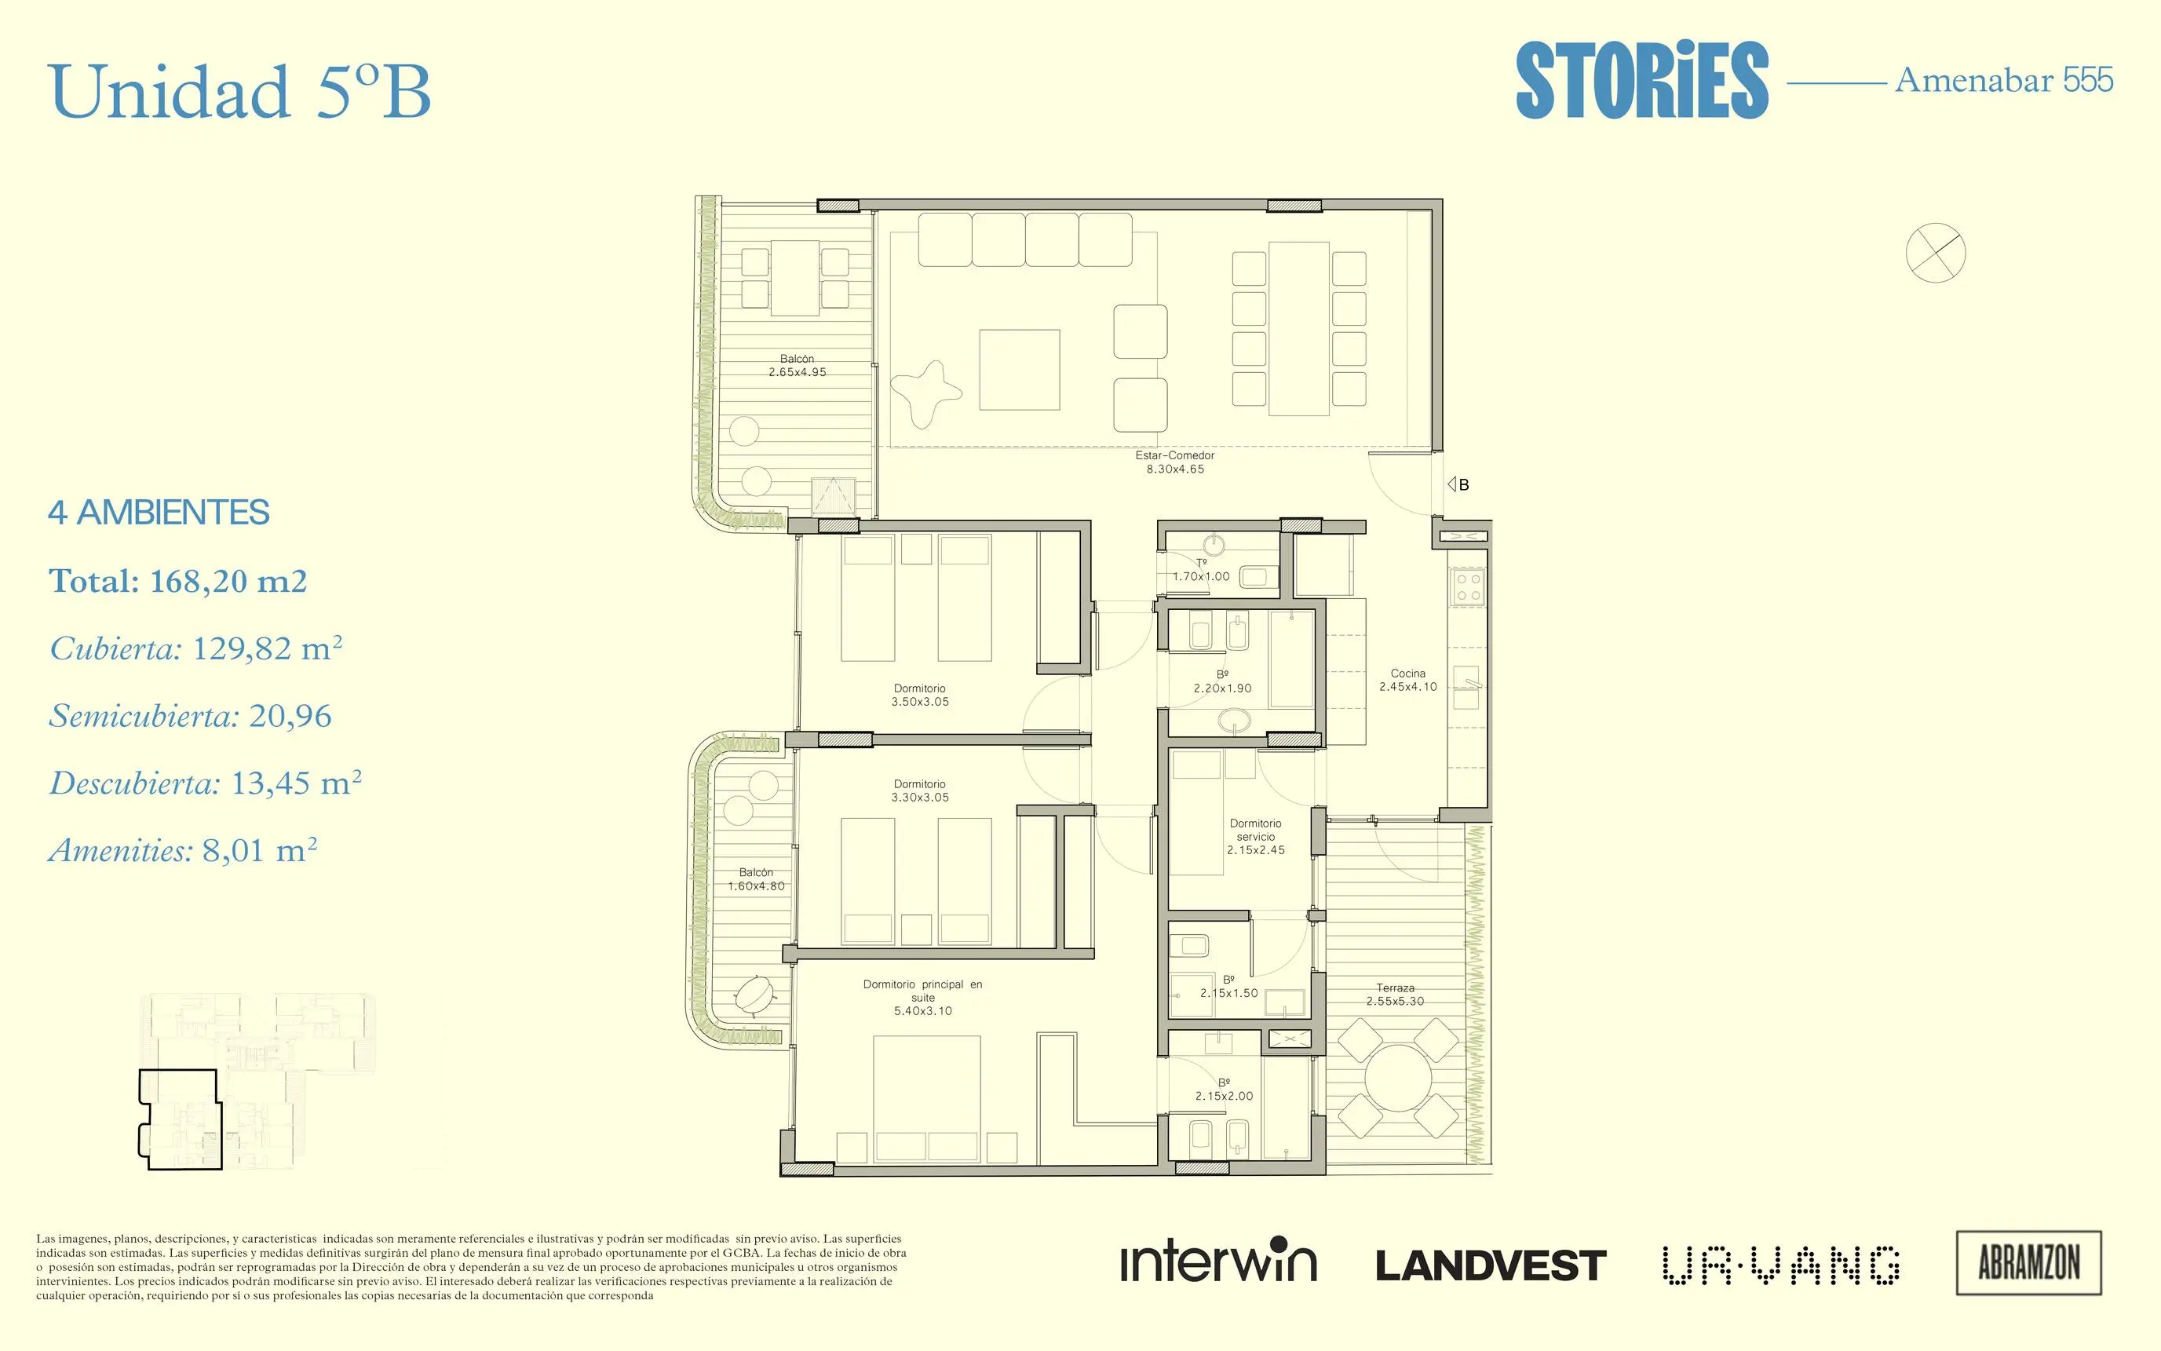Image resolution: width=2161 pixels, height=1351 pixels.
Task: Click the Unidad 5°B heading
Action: (x=240, y=91)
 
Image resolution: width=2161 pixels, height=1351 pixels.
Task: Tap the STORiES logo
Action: (x=1642, y=80)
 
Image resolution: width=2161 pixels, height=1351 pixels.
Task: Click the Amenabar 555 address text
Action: (x=2004, y=80)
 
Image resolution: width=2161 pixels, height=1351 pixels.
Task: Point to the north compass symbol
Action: (x=1935, y=252)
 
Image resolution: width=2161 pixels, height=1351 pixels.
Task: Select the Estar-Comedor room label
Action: (x=1175, y=462)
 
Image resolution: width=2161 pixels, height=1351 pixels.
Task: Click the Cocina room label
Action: (x=1408, y=680)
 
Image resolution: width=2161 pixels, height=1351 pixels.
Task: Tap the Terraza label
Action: (x=1395, y=995)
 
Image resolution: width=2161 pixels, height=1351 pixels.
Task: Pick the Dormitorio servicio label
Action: (x=1255, y=836)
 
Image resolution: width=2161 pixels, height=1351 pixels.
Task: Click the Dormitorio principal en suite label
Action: (x=923, y=997)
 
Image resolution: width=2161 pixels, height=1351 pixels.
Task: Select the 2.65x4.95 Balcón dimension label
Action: (x=797, y=366)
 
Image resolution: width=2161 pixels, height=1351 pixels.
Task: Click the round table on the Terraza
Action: (x=1399, y=1078)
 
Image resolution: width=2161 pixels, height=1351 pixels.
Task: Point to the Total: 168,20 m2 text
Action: (x=177, y=581)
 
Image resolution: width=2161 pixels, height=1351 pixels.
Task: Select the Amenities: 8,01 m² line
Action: (x=183, y=849)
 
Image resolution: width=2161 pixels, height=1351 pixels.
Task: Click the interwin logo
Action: (x=1218, y=1260)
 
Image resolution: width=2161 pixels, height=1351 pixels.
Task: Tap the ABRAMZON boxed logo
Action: (x=2029, y=1262)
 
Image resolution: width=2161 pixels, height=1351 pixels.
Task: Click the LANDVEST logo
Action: (x=1491, y=1265)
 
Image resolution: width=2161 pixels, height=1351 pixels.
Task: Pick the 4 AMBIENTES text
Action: (x=159, y=513)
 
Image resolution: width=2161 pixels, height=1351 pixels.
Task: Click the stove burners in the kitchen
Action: (x=1469, y=587)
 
